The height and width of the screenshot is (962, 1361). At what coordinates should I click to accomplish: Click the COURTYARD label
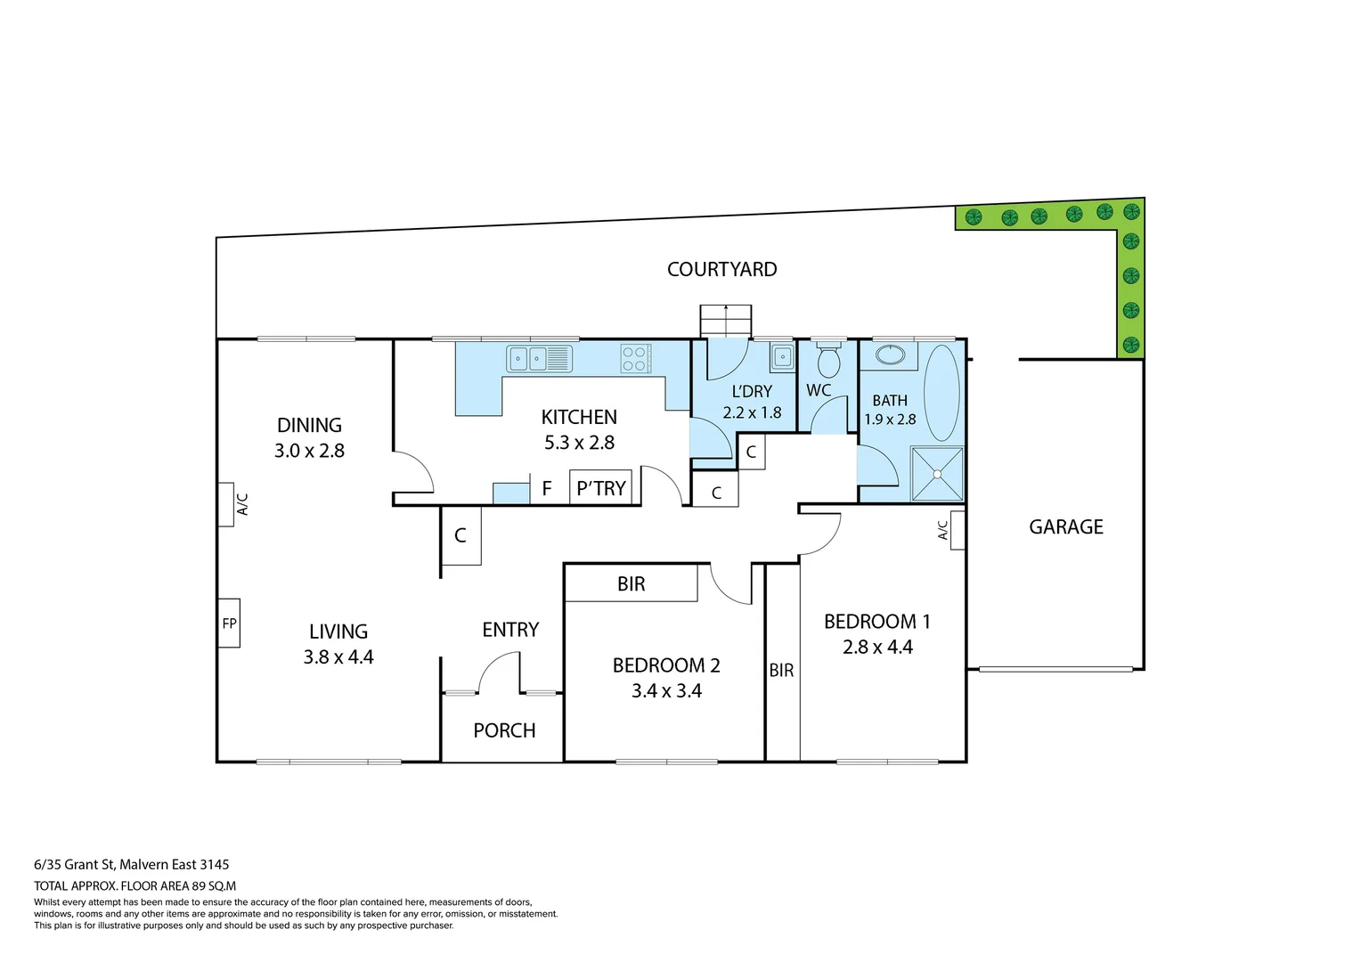[x=721, y=269]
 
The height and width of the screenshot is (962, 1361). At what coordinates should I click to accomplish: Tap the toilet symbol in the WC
[x=828, y=361]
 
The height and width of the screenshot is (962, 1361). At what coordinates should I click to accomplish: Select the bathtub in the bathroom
[x=941, y=393]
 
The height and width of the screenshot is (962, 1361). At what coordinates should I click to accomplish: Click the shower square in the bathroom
[x=937, y=474]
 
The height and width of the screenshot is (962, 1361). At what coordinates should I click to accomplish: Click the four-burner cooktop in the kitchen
[x=636, y=359]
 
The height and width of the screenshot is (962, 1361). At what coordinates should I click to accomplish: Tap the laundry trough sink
[x=782, y=357]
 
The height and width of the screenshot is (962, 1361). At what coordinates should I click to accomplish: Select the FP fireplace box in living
[x=229, y=623]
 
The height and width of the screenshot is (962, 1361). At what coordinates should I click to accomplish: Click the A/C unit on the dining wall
[x=226, y=504]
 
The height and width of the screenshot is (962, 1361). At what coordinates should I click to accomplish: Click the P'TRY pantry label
[x=601, y=488]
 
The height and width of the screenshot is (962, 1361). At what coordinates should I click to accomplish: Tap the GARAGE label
[x=1065, y=526]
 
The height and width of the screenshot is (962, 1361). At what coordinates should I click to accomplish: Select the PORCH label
[x=504, y=730]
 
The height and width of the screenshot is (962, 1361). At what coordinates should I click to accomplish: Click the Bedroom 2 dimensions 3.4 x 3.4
[x=666, y=690]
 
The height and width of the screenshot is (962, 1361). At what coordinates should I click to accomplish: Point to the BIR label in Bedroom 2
[x=631, y=584]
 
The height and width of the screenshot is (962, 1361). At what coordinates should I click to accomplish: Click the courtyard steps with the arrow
[x=726, y=321]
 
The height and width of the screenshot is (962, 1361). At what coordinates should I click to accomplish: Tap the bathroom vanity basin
[x=890, y=355]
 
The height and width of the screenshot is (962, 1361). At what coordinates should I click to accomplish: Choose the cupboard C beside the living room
[x=460, y=535]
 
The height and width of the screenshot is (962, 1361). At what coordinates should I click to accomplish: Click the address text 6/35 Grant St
[x=132, y=864]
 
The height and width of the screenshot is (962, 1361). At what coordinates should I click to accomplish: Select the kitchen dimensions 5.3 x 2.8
[x=579, y=442]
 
